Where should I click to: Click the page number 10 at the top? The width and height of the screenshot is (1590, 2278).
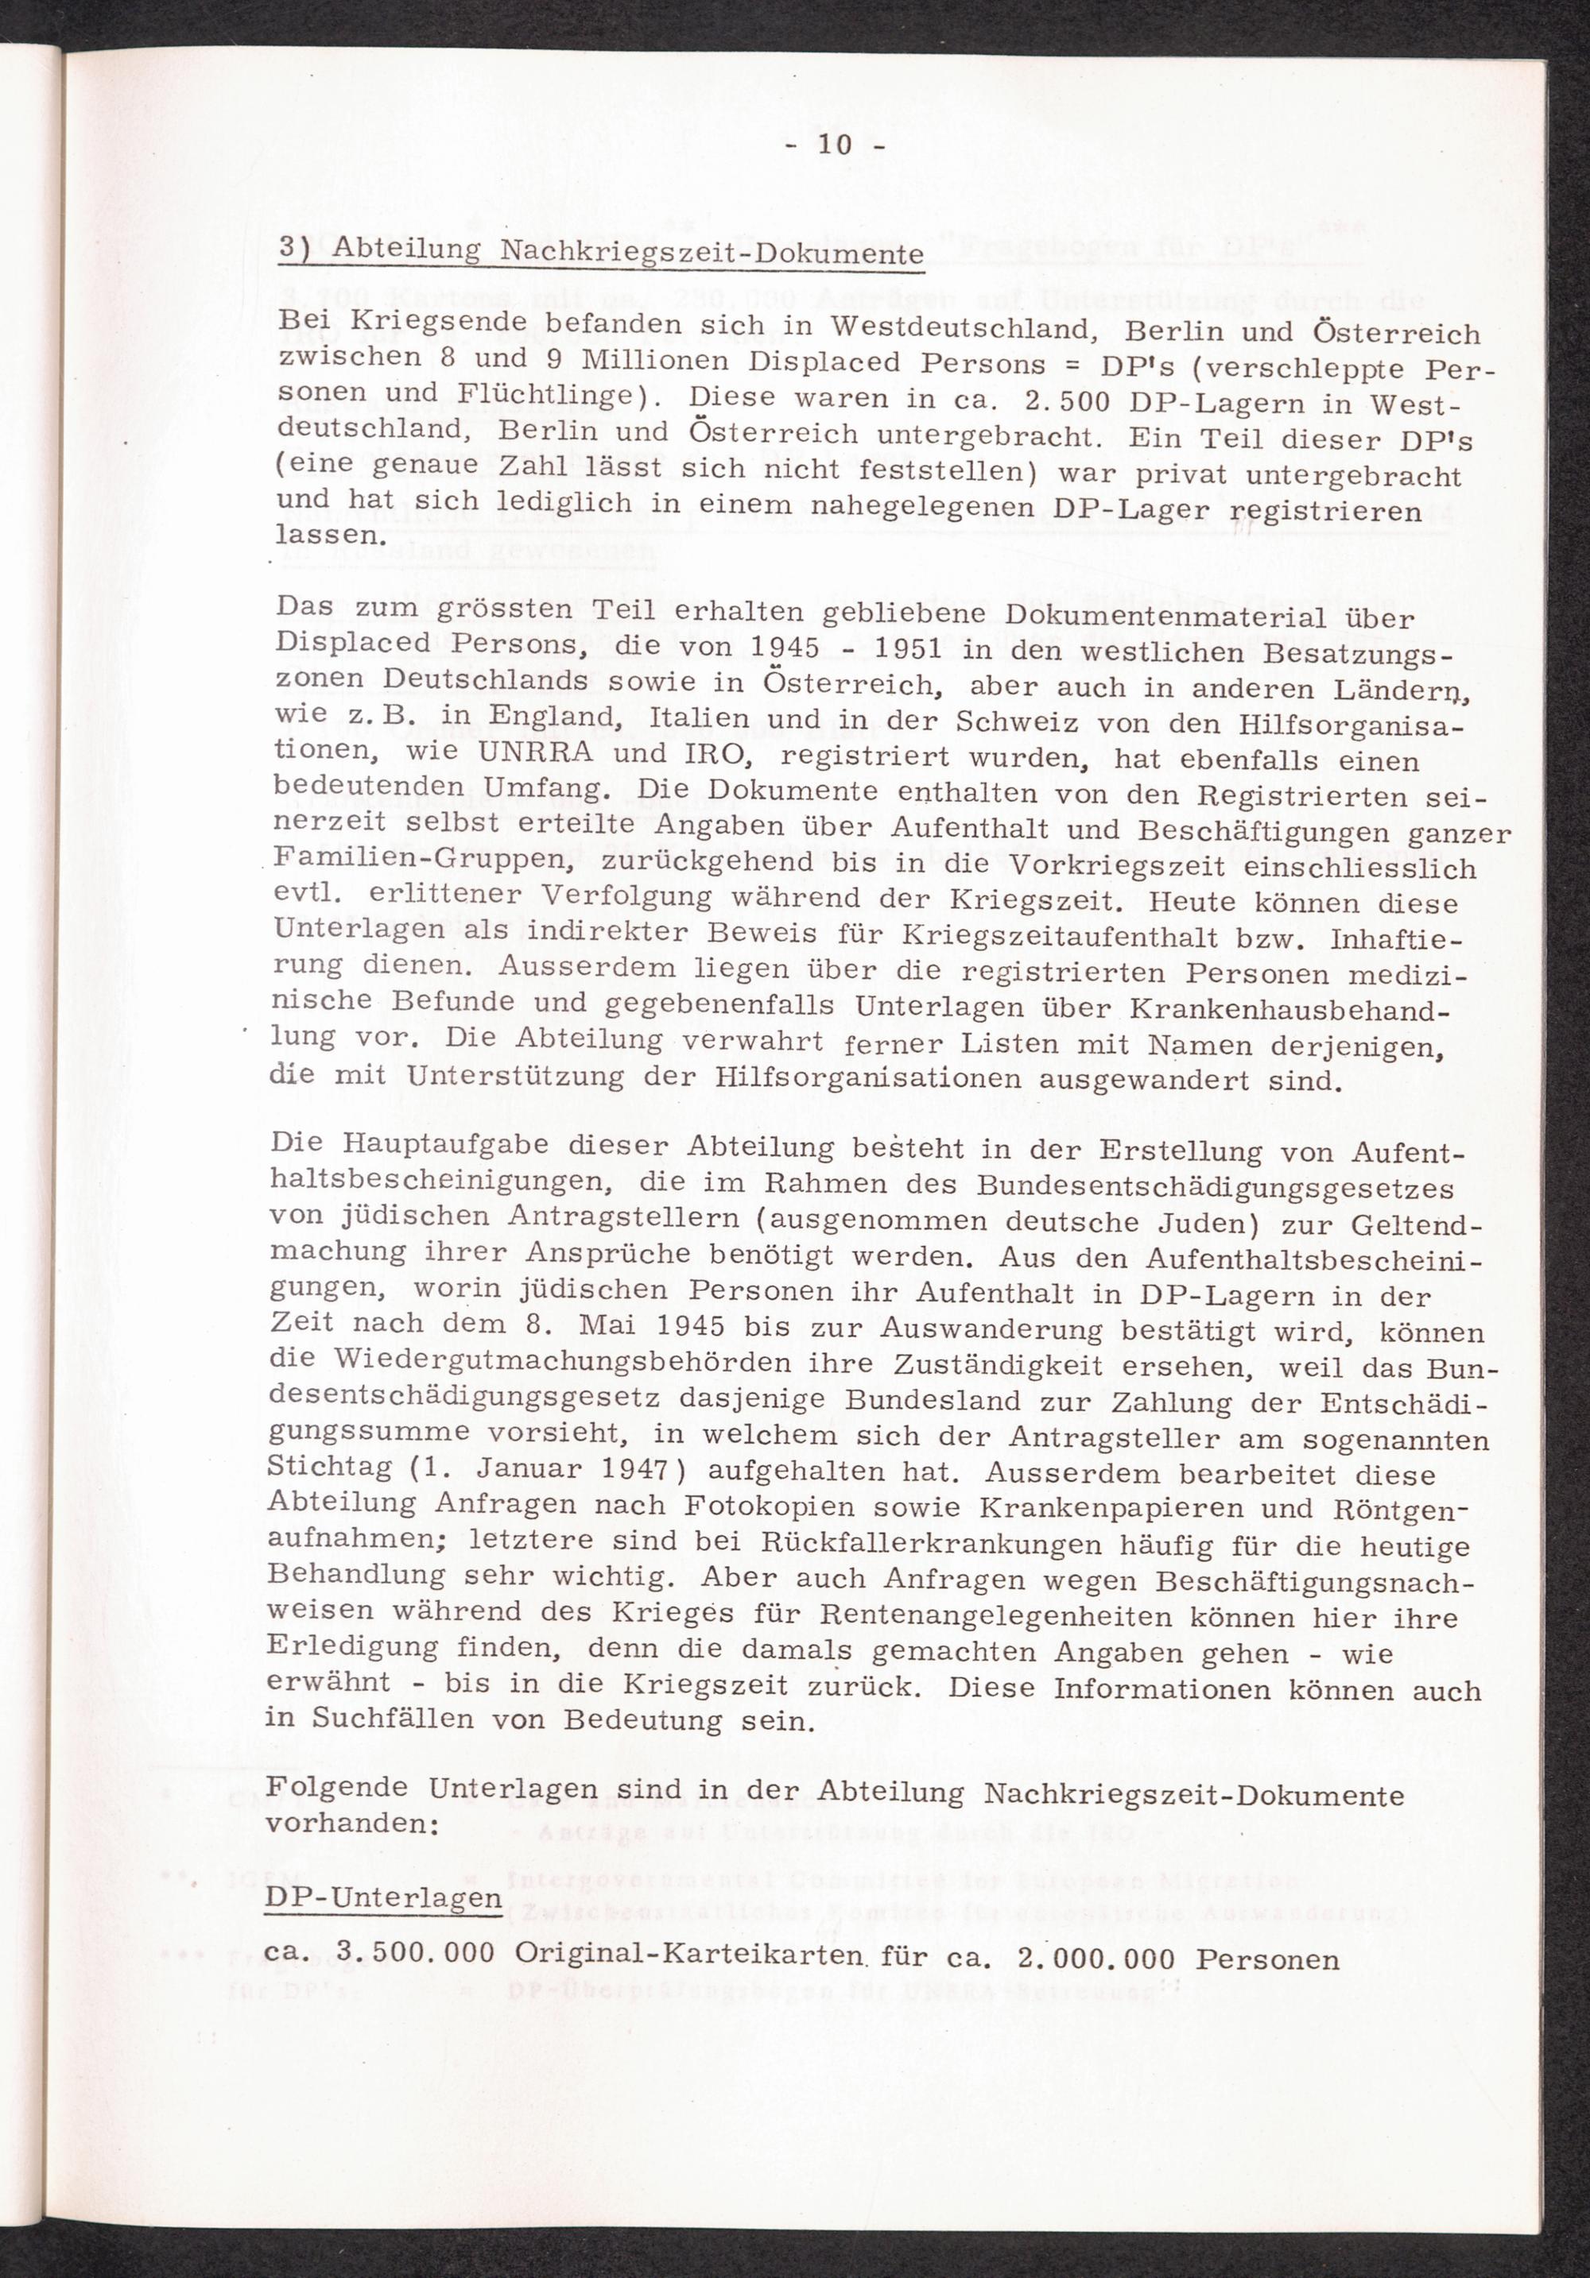tap(835, 145)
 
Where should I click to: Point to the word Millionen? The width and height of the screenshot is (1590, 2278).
tap(656, 360)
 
